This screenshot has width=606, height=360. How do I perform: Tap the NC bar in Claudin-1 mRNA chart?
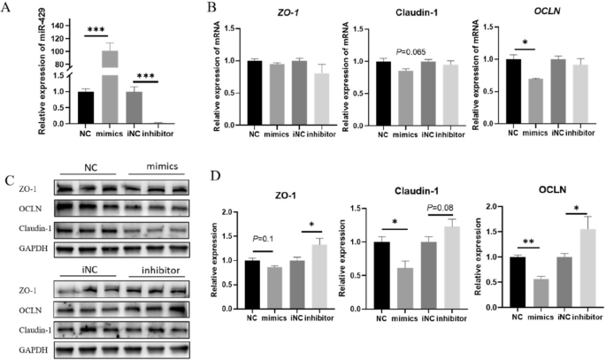383,105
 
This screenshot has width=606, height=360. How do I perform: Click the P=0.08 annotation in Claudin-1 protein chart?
441,209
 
